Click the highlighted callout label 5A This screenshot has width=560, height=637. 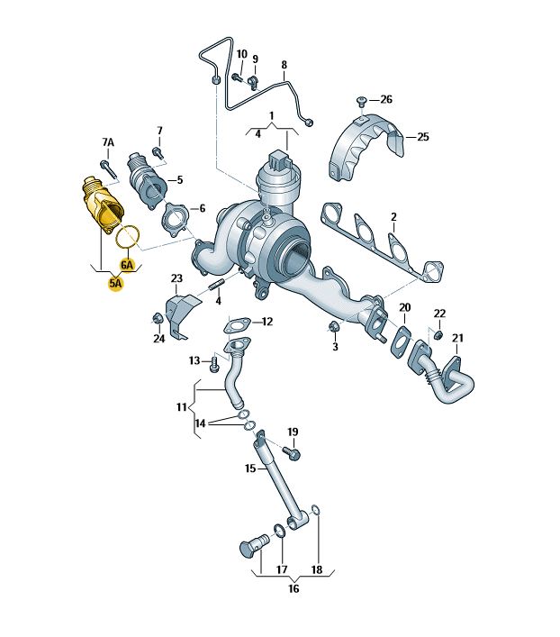pyautogui.click(x=115, y=283)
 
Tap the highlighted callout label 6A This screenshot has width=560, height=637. pyautogui.click(x=127, y=265)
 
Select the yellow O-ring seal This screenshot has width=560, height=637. pyautogui.click(x=129, y=236)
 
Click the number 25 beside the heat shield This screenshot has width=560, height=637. pyautogui.click(x=423, y=137)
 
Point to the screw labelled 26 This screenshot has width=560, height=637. pyautogui.click(x=361, y=100)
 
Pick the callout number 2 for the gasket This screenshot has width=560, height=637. pyautogui.click(x=393, y=217)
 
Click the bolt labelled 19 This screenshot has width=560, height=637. pyautogui.click(x=292, y=451)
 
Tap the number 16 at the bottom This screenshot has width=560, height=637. pyautogui.click(x=294, y=588)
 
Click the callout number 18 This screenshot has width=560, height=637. pyautogui.click(x=317, y=570)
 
